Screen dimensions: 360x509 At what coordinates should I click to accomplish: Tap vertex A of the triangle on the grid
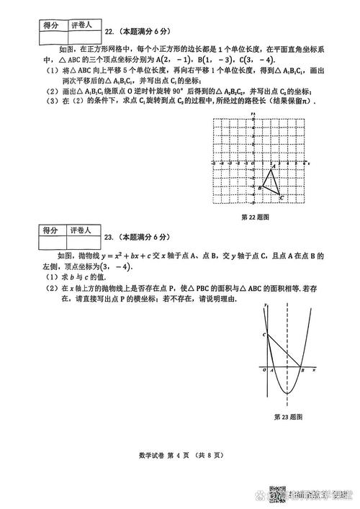[x=271, y=169]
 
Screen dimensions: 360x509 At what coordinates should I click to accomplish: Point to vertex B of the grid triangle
[x=263, y=187]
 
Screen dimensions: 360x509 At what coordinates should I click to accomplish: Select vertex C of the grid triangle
[x=279, y=194]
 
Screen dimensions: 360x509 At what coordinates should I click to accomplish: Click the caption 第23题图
[x=288, y=417]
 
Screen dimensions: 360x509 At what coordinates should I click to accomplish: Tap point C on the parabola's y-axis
[x=266, y=335]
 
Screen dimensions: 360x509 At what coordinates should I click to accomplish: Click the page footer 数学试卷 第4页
[x=180, y=455]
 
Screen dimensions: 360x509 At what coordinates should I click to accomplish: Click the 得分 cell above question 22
[x=50, y=26]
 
